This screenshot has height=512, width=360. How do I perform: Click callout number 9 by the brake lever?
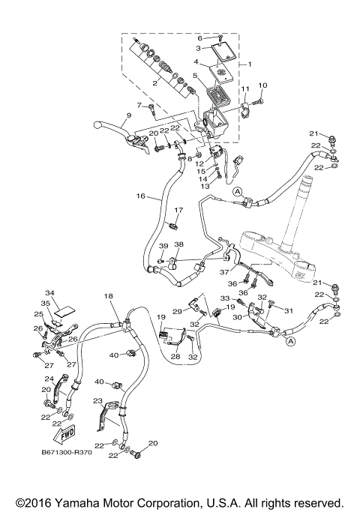[x=128, y=115]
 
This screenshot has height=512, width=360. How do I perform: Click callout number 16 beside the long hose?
[x=140, y=196]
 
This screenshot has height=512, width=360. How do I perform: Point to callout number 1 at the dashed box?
[x=250, y=64]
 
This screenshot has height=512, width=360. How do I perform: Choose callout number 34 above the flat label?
[x=50, y=293]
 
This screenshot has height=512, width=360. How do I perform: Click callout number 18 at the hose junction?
[x=109, y=297]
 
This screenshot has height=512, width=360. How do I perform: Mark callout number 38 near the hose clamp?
[x=178, y=244]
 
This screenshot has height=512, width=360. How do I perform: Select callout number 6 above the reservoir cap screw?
[x=199, y=37]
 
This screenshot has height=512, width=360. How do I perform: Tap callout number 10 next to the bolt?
[x=263, y=85]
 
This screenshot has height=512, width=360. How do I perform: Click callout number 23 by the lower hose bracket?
[x=97, y=401]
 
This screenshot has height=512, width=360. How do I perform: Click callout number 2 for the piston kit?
[x=154, y=84]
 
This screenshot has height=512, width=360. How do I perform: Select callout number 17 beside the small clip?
[x=178, y=210]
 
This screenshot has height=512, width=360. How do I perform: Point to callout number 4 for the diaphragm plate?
[x=196, y=62]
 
